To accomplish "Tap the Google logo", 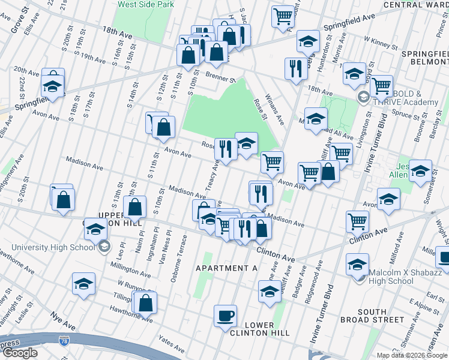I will (19, 353).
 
